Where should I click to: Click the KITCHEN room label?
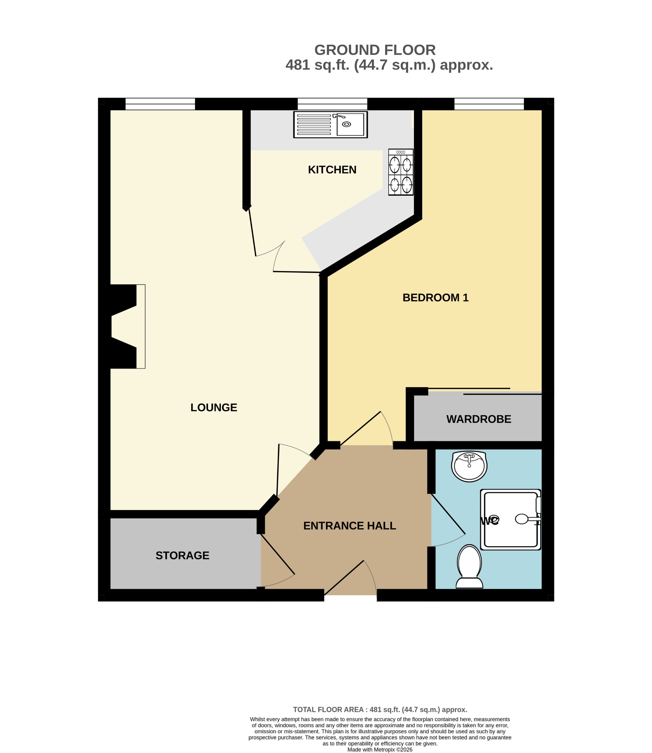pyautogui.click(x=332, y=170)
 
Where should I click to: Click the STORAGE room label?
pyautogui.click(x=182, y=555)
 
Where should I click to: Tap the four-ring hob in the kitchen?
pyautogui.click(x=401, y=172)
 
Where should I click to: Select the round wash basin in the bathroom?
pyautogui.click(x=469, y=466)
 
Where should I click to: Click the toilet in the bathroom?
pyautogui.click(x=469, y=566)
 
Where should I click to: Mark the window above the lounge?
pyautogui.click(x=160, y=104)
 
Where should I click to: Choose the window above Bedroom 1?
pyautogui.click(x=489, y=104)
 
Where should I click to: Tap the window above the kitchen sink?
pyautogui.click(x=332, y=104)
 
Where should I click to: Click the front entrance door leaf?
pyautogui.click(x=344, y=578)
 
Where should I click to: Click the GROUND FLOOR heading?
pyautogui.click(x=375, y=50)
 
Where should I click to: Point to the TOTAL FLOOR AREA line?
pyautogui.click(x=380, y=709)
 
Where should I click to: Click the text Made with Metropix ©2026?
pyautogui.click(x=380, y=749)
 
